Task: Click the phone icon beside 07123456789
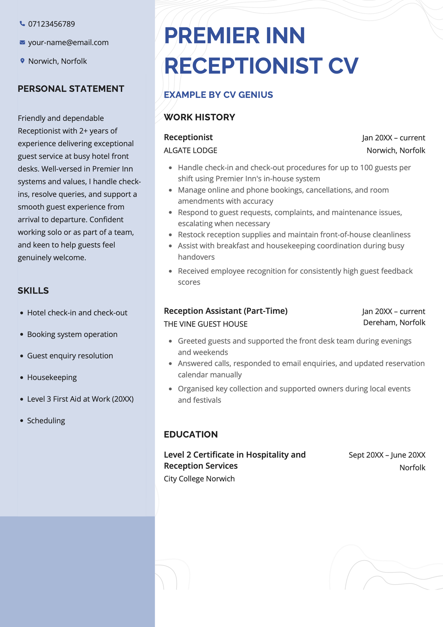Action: pyautogui.click(x=22, y=24)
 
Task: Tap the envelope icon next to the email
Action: pyautogui.click(x=22, y=42)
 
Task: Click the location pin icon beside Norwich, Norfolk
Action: pyautogui.click(x=22, y=61)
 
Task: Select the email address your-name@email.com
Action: pyautogui.click(x=68, y=42)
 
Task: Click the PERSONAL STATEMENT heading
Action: pyautogui.click(x=71, y=89)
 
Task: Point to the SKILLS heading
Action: pyautogui.click(x=33, y=291)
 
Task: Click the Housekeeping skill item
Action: pyautogui.click(x=52, y=377)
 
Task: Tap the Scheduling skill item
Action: pyautogui.click(x=46, y=421)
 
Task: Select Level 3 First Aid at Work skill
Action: pyautogui.click(x=80, y=399)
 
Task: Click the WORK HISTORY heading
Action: pyautogui.click(x=199, y=117)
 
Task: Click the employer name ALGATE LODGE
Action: pyautogui.click(x=190, y=150)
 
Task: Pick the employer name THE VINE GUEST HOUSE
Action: pyautogui.click(x=206, y=324)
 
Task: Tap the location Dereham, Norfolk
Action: pyautogui.click(x=394, y=322)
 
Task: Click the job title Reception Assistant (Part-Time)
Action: pyautogui.click(x=226, y=311)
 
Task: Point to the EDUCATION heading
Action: pyautogui.click(x=190, y=434)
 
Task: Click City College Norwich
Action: pyautogui.click(x=199, y=479)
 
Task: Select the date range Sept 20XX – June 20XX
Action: pyautogui.click(x=387, y=455)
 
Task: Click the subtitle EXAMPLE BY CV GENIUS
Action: pyautogui.click(x=218, y=95)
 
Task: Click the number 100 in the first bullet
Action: pyautogui.click(x=366, y=168)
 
